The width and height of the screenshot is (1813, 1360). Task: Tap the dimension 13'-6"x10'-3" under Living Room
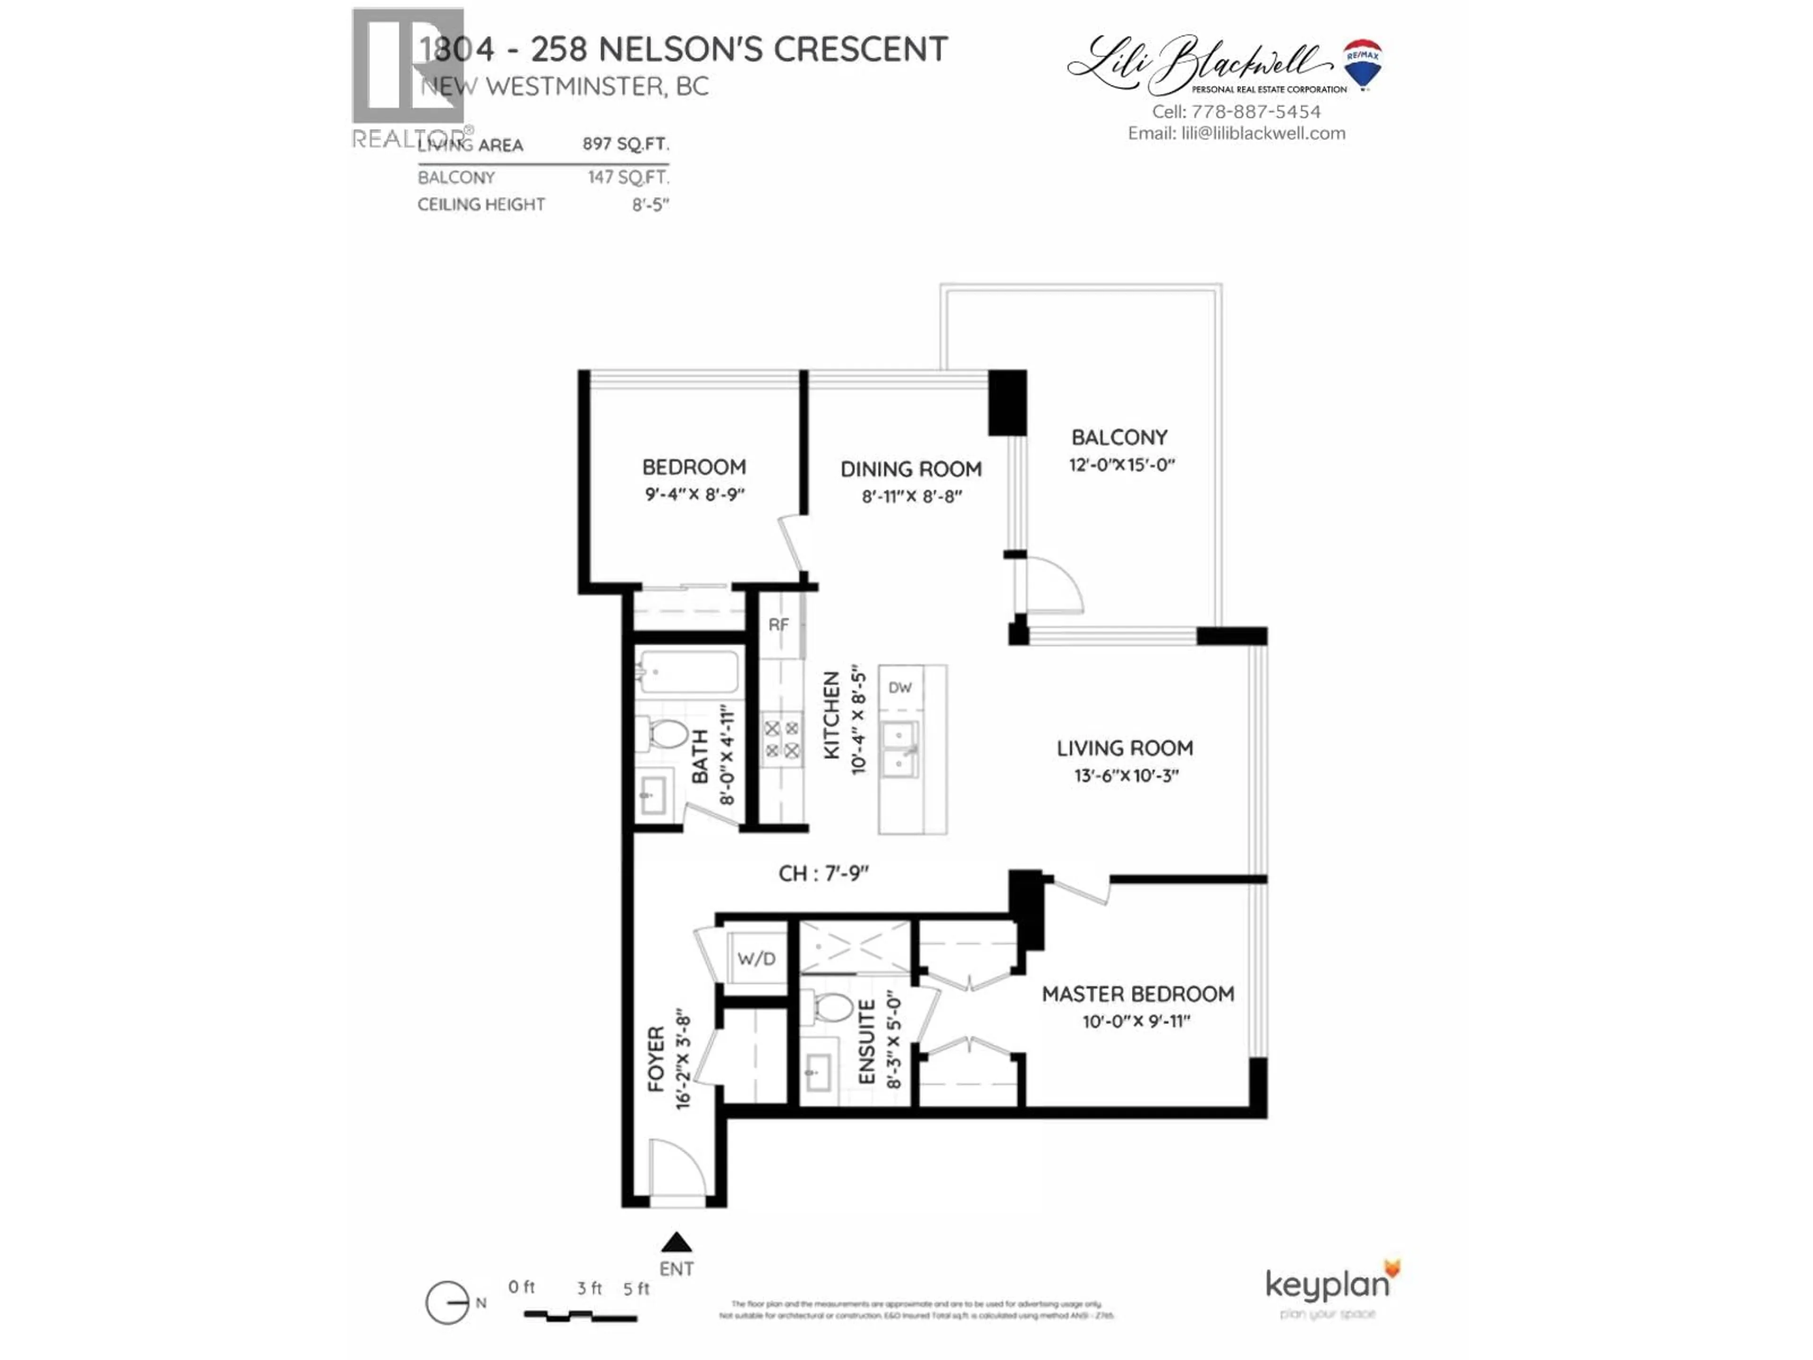pos(1126,775)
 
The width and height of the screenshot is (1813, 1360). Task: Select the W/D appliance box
pos(756,958)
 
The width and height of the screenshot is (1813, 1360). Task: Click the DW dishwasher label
pos(900,688)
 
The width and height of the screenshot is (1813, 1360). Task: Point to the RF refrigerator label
pos(779,625)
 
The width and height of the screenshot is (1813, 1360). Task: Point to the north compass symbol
pos(448,1302)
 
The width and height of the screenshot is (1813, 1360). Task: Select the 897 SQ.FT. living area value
pos(626,144)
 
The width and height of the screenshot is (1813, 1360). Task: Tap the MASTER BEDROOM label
pos(1138,994)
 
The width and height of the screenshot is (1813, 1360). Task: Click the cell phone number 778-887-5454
pos(1256,111)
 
